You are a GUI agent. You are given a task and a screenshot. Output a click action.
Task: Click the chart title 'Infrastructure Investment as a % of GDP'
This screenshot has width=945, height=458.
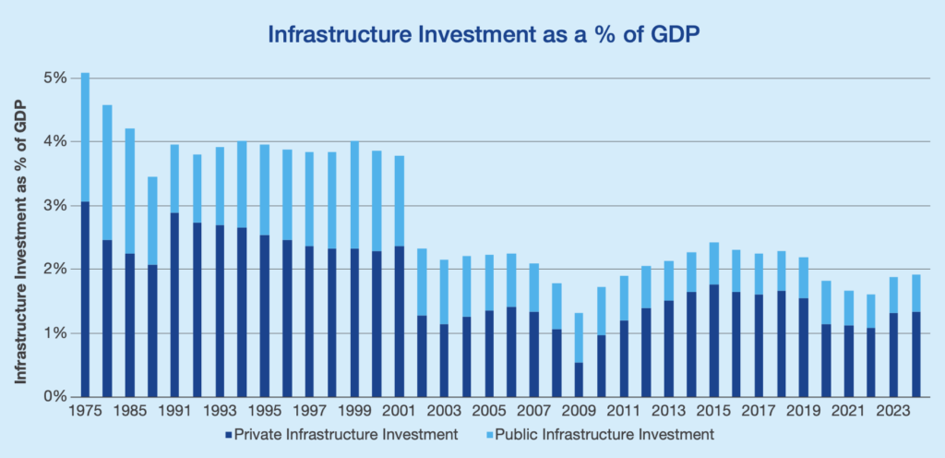coord(472,35)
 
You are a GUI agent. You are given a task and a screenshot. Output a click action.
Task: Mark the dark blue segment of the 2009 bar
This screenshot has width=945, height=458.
coord(579,380)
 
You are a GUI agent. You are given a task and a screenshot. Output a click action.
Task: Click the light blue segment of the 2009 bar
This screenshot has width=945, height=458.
coord(579,337)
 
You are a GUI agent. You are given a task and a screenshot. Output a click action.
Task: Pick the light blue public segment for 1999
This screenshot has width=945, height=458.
coord(354,195)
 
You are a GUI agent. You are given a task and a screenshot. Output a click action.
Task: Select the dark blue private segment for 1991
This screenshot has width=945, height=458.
coord(175,305)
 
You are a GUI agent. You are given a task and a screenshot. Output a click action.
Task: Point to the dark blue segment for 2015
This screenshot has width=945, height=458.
coord(713,341)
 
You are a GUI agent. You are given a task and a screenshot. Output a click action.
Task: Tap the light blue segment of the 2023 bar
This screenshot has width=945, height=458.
coord(892,295)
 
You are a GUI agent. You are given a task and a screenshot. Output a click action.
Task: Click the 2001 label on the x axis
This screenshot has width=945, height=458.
coord(399,413)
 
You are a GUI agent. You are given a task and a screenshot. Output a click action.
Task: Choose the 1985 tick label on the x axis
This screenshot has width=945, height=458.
coord(130,413)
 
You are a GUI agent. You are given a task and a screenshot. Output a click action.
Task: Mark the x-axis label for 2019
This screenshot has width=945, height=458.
coord(803,413)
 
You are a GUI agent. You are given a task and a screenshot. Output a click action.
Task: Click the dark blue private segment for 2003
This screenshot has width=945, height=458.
coord(444,360)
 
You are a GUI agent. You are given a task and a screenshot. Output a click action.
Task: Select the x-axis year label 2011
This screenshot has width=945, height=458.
coord(623,413)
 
